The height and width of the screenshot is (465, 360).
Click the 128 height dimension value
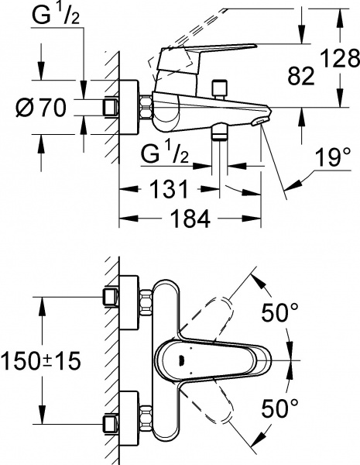[341, 58]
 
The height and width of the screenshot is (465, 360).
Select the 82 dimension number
[301, 76]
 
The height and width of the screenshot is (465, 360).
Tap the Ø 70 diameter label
[40, 107]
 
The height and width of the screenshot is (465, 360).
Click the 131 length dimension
[170, 188]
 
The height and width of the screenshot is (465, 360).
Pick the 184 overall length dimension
[190, 219]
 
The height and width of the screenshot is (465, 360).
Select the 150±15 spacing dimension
[40, 361]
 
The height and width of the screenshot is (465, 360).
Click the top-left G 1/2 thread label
[55, 15]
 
